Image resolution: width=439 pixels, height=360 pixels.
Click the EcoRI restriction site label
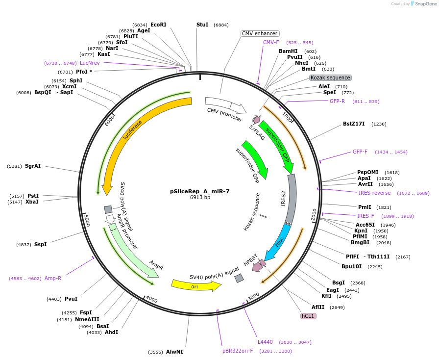tap(158, 25)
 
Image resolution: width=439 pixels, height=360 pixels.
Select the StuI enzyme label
tap(202, 25)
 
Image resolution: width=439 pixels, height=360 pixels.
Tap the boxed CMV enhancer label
tap(260, 33)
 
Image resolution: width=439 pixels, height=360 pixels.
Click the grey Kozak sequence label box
tap(331, 77)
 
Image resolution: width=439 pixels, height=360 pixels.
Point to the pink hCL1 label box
tap(308, 316)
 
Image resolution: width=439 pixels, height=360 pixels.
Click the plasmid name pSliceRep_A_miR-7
tap(200, 191)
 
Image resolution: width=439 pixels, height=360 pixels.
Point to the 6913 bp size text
tap(200, 198)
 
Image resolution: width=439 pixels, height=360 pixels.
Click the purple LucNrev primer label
tap(90, 63)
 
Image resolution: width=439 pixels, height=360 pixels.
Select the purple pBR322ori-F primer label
tap(238, 351)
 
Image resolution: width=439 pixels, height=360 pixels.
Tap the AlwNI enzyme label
tap(174, 352)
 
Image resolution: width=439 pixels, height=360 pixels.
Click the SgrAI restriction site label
tap(33, 166)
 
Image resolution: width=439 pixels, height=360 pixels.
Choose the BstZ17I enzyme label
tap(354, 124)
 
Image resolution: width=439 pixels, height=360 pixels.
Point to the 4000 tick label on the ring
tap(152, 300)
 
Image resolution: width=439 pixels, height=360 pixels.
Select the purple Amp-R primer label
tap(53, 278)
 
